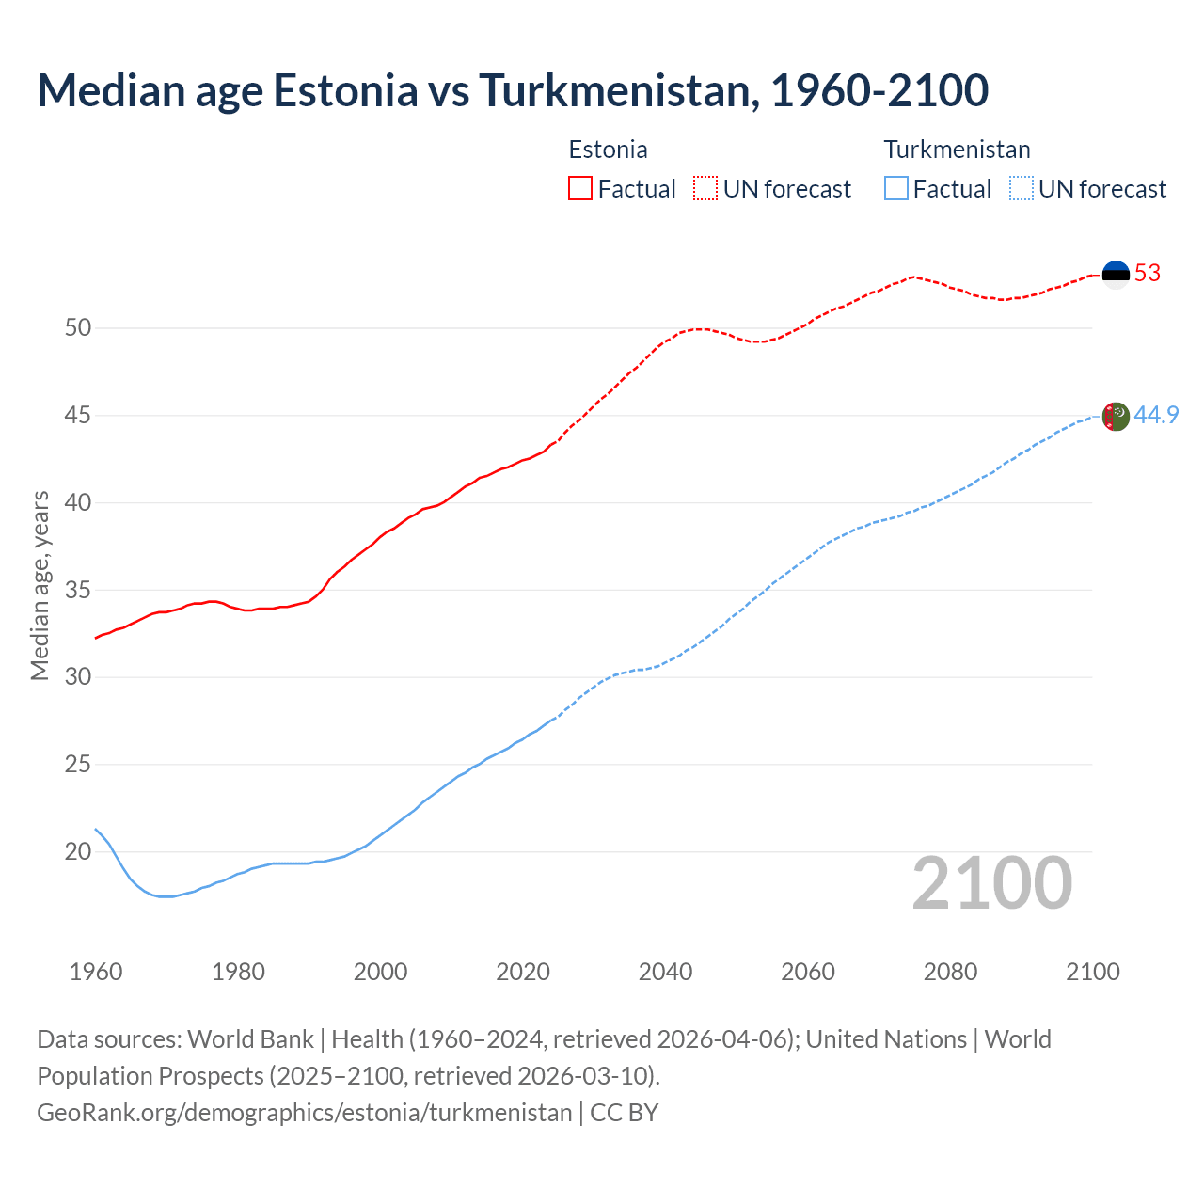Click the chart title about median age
coord(513,90)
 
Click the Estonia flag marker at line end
coord(1116,274)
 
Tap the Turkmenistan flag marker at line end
coord(1116,416)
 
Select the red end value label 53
coord(1148,274)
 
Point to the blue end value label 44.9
coord(1156,416)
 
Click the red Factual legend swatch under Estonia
coord(580,189)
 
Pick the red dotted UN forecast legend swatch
coord(705,189)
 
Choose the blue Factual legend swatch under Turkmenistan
coord(896,189)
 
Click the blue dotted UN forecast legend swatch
coord(1021,189)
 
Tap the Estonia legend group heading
coord(608,150)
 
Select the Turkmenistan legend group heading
coord(957,150)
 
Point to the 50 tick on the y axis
coord(78,328)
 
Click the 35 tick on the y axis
coord(78,591)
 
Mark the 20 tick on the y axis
coord(78,852)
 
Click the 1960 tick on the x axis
coord(96,972)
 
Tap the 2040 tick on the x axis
coord(665,972)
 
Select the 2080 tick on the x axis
coord(950,972)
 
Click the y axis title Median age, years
coord(40,585)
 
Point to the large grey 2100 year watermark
coord(991,883)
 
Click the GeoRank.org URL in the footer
coord(304,1113)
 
